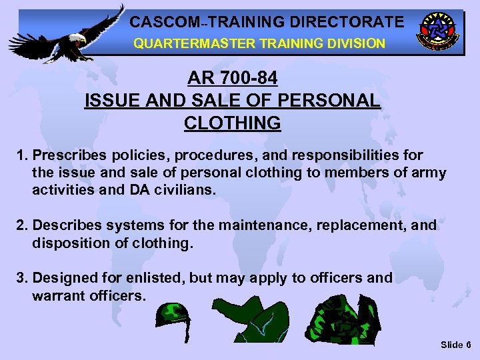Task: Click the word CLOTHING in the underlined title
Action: tap(232, 123)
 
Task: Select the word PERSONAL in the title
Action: tap(329, 101)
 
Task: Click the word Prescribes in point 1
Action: tap(65, 155)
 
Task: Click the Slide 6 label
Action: tap(455, 345)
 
